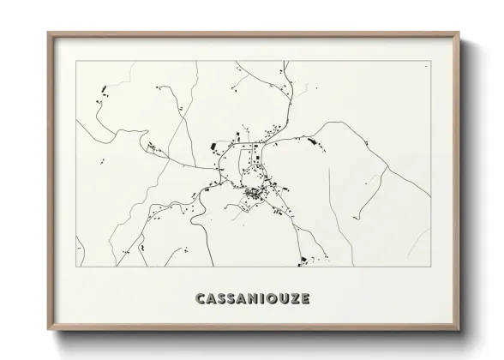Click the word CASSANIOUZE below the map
point(253,299)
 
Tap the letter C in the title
point(200,299)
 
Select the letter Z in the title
point(293,299)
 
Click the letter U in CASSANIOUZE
point(281,299)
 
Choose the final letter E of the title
point(304,299)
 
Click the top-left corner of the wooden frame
point(48,33)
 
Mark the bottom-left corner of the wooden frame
point(48,330)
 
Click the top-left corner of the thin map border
point(76,61)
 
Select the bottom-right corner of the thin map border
point(430,267)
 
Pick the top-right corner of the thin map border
point(430,61)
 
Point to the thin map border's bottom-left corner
point(76,267)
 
